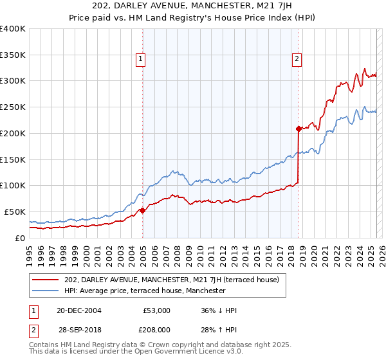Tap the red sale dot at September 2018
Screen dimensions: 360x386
click(x=299, y=129)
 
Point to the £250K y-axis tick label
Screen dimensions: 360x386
click(x=13, y=107)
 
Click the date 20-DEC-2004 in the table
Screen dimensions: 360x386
click(x=78, y=310)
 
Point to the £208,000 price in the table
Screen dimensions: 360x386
click(x=156, y=329)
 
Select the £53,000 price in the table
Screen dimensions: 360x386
click(x=156, y=310)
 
